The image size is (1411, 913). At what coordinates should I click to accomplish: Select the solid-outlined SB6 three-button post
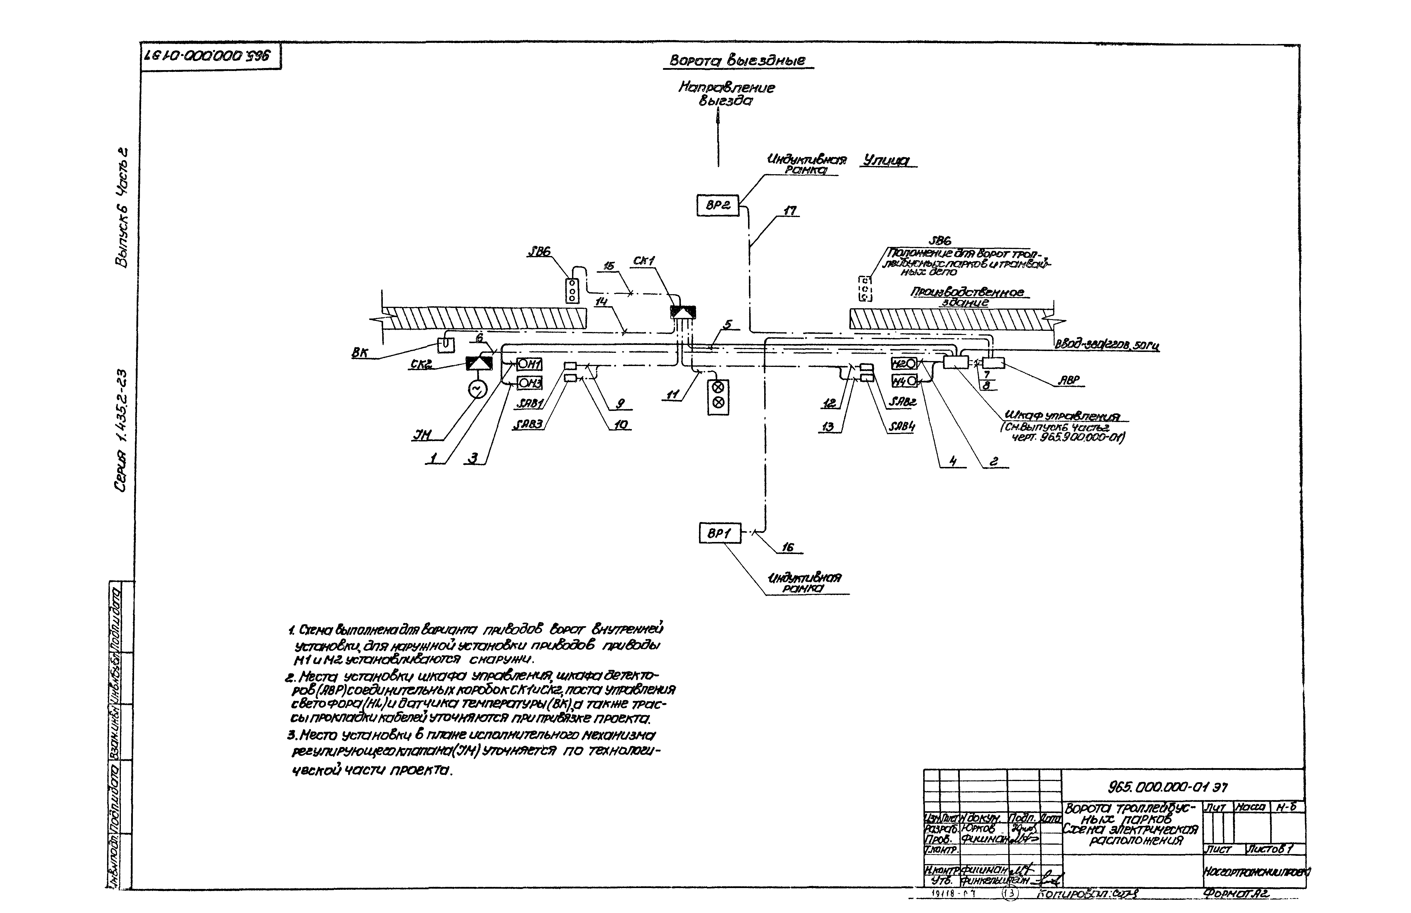pyautogui.click(x=572, y=290)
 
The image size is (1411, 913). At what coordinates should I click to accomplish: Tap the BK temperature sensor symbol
pyautogui.click(x=445, y=344)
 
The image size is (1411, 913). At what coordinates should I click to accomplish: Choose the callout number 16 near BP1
pyautogui.click(x=787, y=547)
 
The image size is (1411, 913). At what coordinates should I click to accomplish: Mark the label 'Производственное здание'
pyautogui.click(x=969, y=297)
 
